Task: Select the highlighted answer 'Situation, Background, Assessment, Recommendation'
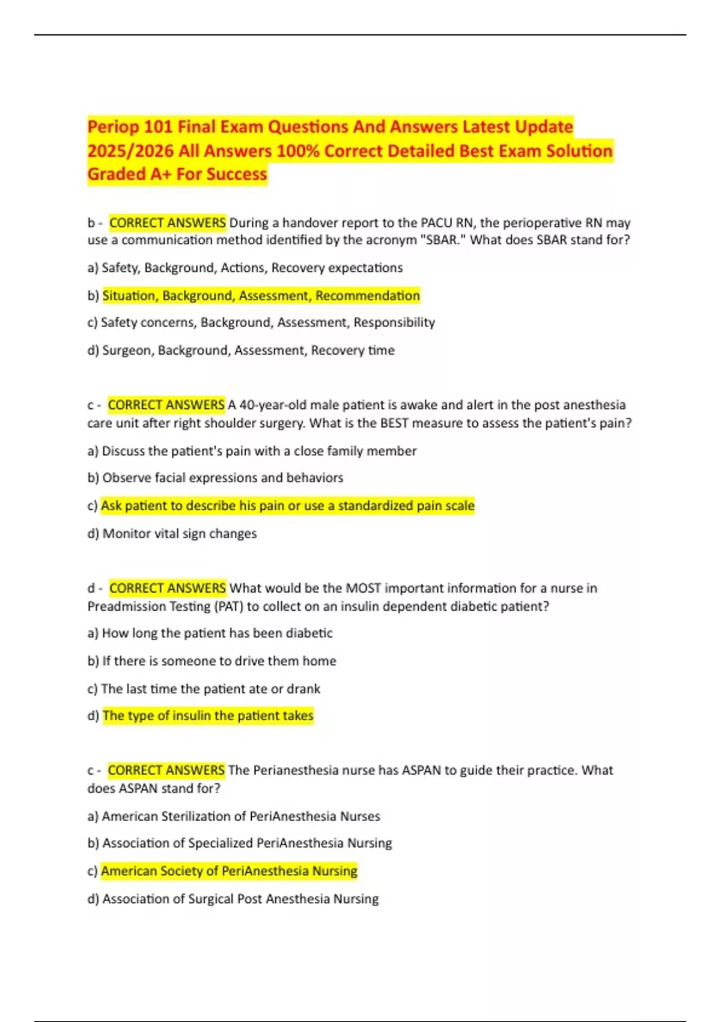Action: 261,296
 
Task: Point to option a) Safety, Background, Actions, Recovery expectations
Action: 245,268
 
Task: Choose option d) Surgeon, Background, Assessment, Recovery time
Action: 241,350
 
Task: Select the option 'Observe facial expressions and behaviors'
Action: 222,478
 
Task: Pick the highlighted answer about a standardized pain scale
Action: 287,506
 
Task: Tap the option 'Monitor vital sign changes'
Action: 179,534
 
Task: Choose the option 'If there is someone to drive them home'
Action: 219,661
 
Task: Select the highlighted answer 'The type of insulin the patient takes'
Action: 208,716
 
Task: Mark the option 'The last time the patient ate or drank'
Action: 210,689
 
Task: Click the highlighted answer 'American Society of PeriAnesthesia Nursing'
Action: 229,871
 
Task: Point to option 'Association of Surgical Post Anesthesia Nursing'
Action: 240,899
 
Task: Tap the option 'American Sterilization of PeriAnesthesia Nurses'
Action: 241,816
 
